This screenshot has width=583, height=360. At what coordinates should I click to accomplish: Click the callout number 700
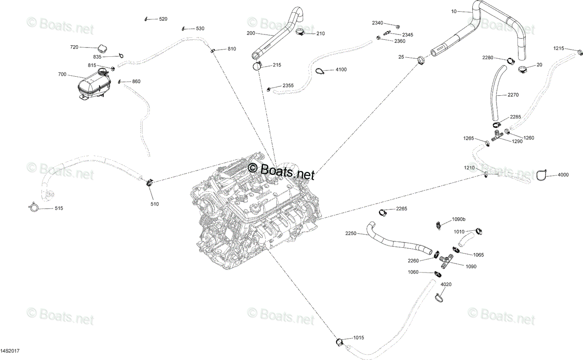[x=62, y=74]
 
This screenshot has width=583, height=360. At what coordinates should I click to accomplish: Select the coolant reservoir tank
[x=94, y=84]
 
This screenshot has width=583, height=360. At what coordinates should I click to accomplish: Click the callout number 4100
[x=341, y=69]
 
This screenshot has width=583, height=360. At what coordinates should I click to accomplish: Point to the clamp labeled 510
[x=150, y=183]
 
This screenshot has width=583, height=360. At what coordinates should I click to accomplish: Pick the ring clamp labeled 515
[x=34, y=207]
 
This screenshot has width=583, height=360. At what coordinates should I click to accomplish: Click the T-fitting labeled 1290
[x=497, y=136]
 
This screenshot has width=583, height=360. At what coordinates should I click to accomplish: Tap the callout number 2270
[x=513, y=95]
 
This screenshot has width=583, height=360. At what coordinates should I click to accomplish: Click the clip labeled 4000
[x=542, y=175]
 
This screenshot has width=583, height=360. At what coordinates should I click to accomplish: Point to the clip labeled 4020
[x=439, y=297]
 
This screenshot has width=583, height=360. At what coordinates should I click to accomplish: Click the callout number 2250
[x=351, y=234]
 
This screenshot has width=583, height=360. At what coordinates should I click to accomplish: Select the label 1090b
[x=459, y=220]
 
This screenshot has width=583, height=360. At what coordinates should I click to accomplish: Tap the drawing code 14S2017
[x=10, y=351]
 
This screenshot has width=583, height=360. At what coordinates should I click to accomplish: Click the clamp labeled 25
[x=421, y=60]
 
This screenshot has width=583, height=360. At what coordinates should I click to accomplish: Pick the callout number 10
[x=454, y=12]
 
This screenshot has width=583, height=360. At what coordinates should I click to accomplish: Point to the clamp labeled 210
[x=300, y=32]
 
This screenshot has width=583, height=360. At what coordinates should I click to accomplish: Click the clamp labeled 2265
[x=382, y=212]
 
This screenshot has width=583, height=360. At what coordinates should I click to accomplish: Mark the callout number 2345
[x=408, y=35]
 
